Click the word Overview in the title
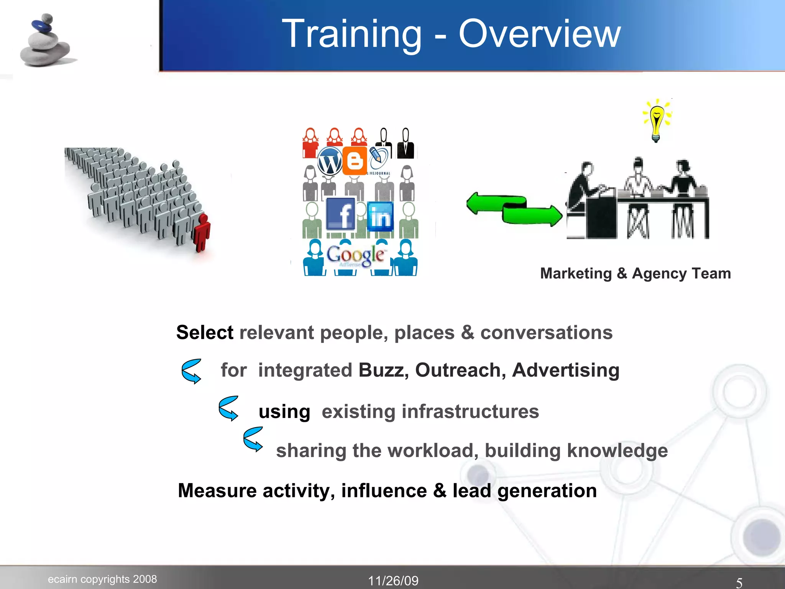(x=539, y=35)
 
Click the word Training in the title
(x=351, y=35)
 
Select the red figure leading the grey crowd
(x=202, y=232)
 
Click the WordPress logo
(x=330, y=161)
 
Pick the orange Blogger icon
(x=355, y=161)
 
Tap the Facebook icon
(x=341, y=214)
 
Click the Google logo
(x=355, y=255)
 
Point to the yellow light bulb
(x=657, y=120)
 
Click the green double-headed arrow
(x=514, y=209)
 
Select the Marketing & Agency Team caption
(x=635, y=273)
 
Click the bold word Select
(x=205, y=332)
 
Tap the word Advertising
(x=565, y=370)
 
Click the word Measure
(x=217, y=490)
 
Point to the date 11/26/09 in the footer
(x=393, y=581)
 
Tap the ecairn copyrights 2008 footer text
(x=102, y=579)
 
